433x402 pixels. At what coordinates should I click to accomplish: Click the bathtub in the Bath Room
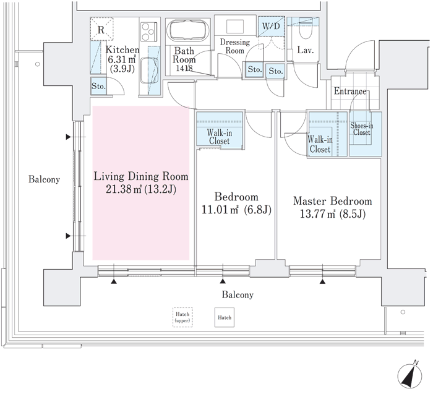click(188, 31)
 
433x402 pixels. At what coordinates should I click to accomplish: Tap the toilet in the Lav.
click(305, 30)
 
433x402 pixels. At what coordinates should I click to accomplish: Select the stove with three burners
click(149, 32)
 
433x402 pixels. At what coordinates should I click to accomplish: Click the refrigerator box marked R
click(102, 29)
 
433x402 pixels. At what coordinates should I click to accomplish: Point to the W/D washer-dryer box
click(271, 27)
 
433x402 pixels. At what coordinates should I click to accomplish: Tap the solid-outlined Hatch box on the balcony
click(224, 317)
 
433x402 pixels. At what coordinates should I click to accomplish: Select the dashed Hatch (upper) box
click(182, 317)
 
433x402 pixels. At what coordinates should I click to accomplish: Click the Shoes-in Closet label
click(361, 129)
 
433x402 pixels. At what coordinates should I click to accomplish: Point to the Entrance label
click(350, 91)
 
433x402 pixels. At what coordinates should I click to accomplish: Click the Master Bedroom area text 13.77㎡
click(317, 214)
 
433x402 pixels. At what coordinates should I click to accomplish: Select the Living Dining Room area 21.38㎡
click(124, 189)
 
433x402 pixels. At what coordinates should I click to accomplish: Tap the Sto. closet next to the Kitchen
click(98, 86)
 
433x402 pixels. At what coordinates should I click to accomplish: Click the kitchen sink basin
click(150, 70)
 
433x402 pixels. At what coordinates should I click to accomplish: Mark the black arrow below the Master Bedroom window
click(322, 281)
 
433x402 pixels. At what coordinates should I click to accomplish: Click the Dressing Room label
click(234, 46)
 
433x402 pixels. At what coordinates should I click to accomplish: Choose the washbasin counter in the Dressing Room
click(235, 27)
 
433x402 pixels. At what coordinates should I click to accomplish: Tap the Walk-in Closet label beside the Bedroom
click(219, 137)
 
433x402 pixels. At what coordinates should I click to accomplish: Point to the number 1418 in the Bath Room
click(184, 68)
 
